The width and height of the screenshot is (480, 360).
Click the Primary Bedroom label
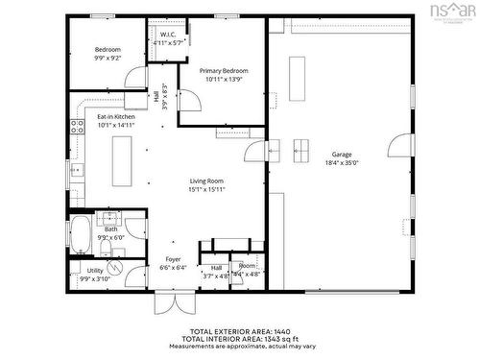224,71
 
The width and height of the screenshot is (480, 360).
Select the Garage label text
342,154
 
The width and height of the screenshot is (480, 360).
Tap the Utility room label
95,271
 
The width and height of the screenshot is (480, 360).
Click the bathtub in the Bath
81,233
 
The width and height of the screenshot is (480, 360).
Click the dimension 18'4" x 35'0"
342,163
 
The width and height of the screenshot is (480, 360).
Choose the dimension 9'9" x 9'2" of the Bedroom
108,59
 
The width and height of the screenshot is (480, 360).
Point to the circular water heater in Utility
117,269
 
